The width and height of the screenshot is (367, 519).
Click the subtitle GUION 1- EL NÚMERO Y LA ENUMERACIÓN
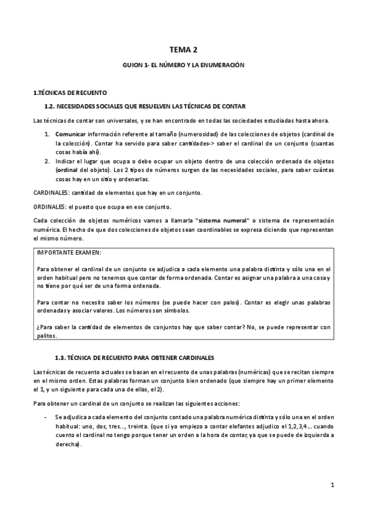pos(184,64)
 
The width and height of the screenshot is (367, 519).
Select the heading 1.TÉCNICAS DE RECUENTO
pos(70,92)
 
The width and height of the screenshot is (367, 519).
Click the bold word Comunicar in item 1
pos(70,133)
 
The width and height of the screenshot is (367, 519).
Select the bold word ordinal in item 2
pos(68,169)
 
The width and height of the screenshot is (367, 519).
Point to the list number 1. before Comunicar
pos(47,133)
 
